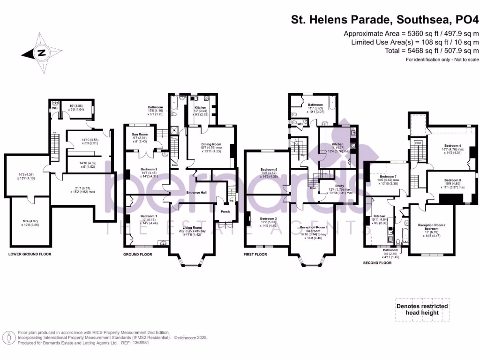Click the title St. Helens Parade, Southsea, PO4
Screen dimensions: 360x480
pyautogui.click(x=385, y=20)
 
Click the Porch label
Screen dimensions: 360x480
pyautogui.click(x=225, y=211)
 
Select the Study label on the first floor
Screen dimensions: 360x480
pyautogui.click(x=339, y=186)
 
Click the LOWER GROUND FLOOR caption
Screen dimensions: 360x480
pyautogui.click(x=30, y=254)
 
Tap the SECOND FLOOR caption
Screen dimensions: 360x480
pyautogui.click(x=377, y=263)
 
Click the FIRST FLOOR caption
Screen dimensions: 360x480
pyautogui.click(x=255, y=254)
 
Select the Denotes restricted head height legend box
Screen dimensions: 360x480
pyautogui.click(x=422, y=309)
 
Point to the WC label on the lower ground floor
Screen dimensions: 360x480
pyautogui.click(x=55, y=108)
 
